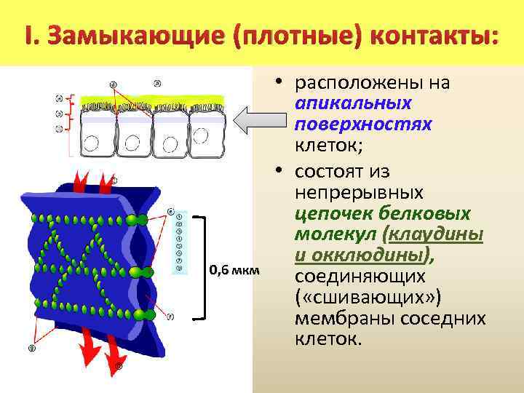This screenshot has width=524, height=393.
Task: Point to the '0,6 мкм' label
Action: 233,271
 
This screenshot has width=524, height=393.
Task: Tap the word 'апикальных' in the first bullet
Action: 354,103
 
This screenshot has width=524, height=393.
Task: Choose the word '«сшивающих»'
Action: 361,299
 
